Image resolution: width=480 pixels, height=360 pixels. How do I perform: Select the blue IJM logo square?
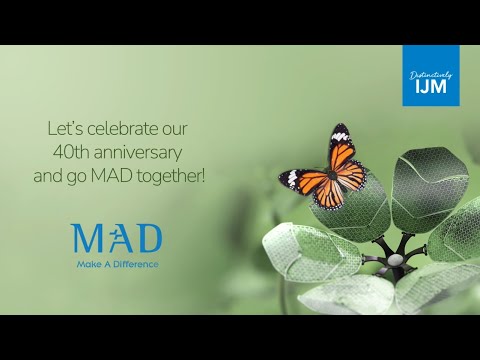(x=431, y=76)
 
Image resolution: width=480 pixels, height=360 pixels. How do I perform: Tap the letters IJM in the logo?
(x=431, y=87)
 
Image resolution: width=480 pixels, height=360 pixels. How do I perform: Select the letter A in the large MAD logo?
(x=116, y=238)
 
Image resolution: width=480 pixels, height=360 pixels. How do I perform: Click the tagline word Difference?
(x=136, y=265)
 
